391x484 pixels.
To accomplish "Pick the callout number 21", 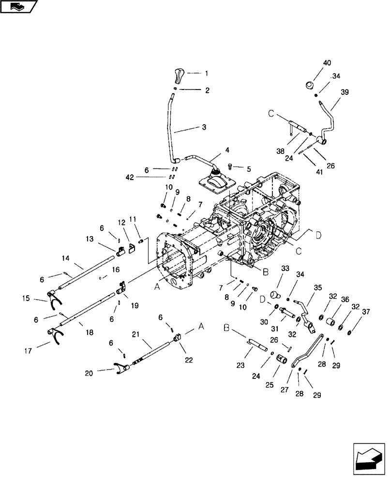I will pyautogui.click(x=136, y=334).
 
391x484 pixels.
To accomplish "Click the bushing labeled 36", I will pyautogui.click(x=333, y=321).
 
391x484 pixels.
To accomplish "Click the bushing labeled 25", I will pyautogui.click(x=283, y=360).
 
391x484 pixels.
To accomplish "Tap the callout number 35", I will pyautogui.click(x=317, y=287).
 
